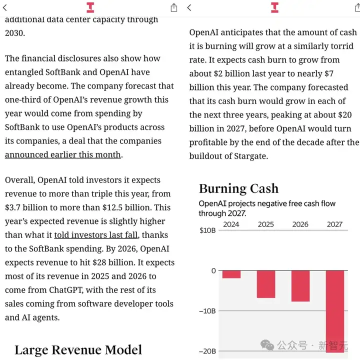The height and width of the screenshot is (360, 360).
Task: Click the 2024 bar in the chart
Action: click(231, 274)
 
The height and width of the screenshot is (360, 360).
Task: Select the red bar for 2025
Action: click(266, 284)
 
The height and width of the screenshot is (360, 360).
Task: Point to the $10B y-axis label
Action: click(207, 230)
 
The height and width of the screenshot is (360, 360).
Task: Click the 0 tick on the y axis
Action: click(213, 270)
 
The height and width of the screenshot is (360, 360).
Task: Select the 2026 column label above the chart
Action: click(300, 224)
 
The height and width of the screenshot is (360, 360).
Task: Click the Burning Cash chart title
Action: click(238, 188)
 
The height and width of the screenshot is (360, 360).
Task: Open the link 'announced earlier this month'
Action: click(63, 154)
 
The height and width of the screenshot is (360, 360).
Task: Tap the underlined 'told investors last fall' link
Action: click(96, 234)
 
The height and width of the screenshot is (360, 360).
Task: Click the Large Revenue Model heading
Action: click(78, 349)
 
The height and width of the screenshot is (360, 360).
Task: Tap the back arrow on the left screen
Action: click(5, 7)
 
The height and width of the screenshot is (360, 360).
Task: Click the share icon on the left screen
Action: click(173, 7)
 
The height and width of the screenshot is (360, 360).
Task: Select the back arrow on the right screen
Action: click(189, 7)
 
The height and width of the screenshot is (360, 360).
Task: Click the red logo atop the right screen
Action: click(274, 7)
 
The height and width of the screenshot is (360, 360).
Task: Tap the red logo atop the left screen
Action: click(90, 7)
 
